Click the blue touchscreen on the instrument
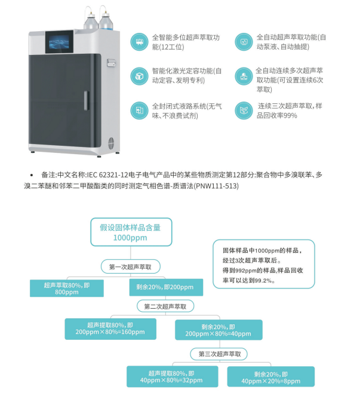pos(60,42)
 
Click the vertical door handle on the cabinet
pos(87,100)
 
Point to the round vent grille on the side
pos(111,143)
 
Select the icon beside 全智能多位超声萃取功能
pos(139,42)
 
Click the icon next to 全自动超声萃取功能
pos(244,42)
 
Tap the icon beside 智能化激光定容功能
pos(139,76)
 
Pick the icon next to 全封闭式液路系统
pos(139,111)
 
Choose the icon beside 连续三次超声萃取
pos(244,111)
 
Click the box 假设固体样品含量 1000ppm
pos(131,232)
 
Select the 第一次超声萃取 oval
pos(131,266)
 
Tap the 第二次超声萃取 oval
pos(165,306)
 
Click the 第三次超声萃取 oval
pos(219,354)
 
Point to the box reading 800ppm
pos(67,289)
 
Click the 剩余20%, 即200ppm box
pos(166,287)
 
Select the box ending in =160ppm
pos(110,329)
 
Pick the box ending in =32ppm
pos(172,377)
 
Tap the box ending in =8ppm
pos(271,377)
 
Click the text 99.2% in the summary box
pos(263,281)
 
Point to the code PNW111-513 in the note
pos(216,186)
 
